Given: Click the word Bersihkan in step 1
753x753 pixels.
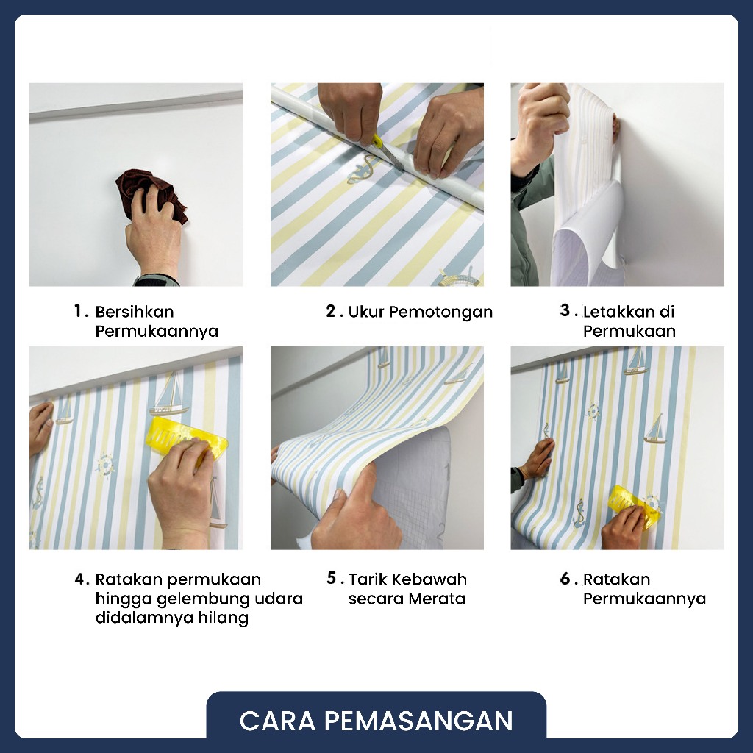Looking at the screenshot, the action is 135,312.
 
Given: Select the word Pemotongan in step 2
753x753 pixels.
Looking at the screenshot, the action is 441,312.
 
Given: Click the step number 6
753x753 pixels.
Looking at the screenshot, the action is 565,579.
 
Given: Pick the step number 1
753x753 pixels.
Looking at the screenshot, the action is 78,311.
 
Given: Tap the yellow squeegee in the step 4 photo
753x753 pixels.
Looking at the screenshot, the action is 188,440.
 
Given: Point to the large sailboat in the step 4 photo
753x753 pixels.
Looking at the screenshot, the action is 168,394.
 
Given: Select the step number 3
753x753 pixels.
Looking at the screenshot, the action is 565,311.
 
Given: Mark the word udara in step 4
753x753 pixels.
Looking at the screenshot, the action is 279,599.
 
